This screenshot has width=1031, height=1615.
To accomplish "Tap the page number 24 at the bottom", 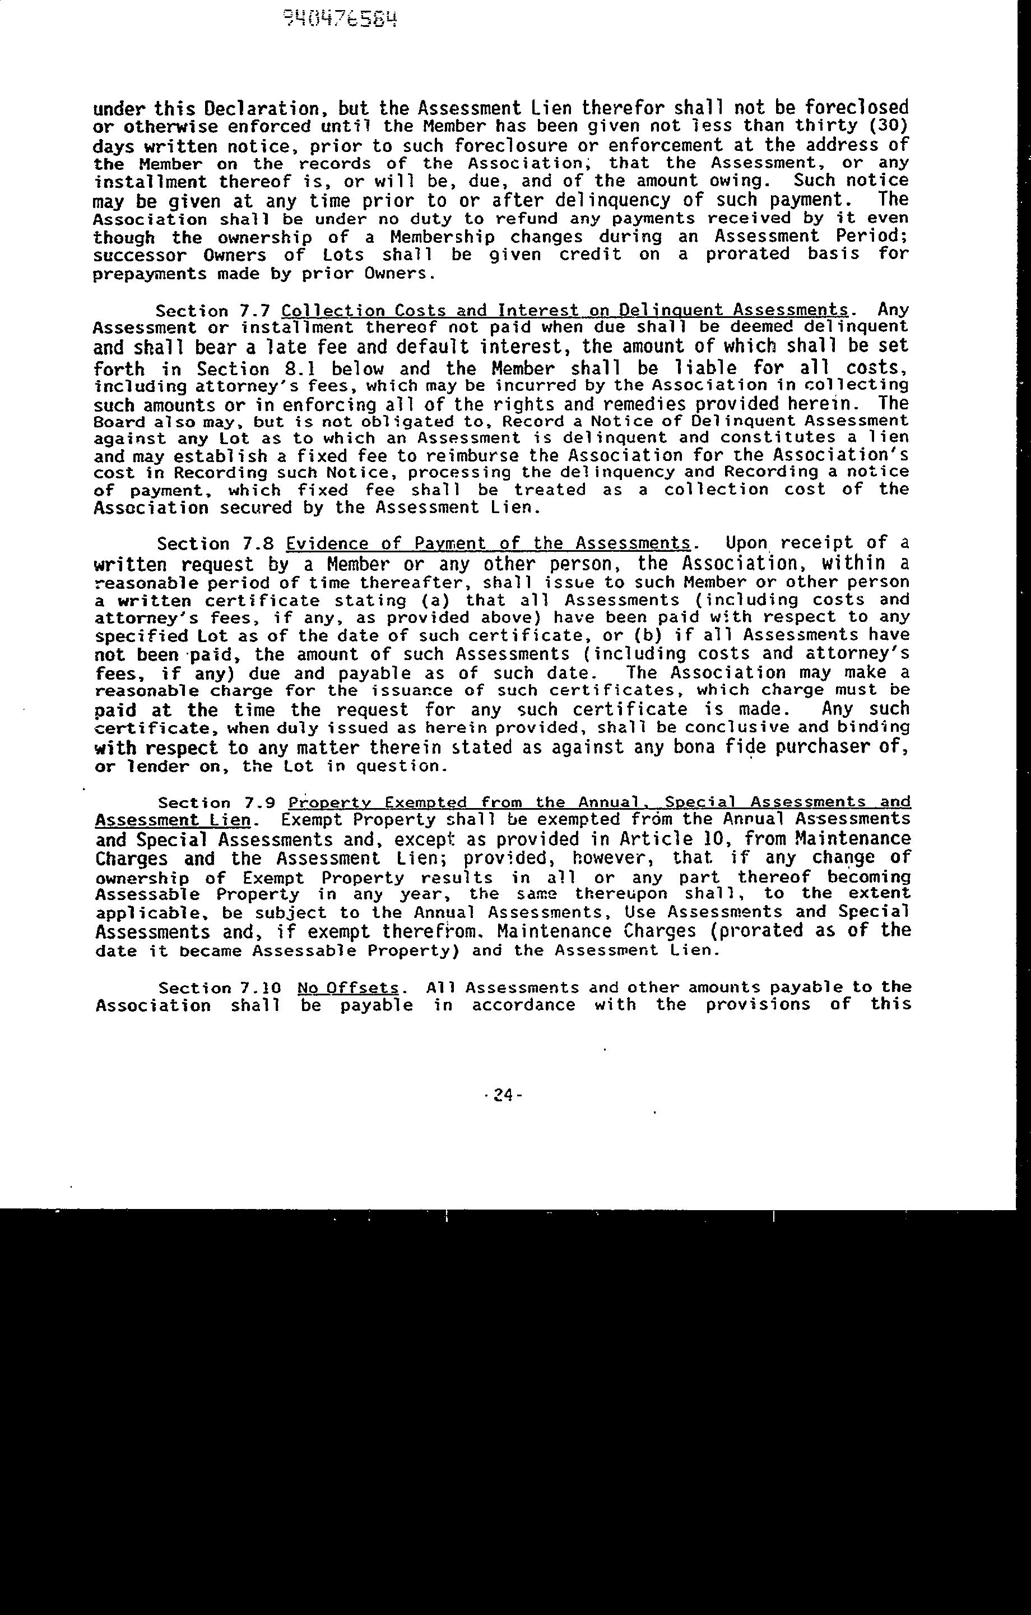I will (503, 1095).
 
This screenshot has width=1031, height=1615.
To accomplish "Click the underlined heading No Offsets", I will (348, 988).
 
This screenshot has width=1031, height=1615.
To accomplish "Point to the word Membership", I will (443, 237).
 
